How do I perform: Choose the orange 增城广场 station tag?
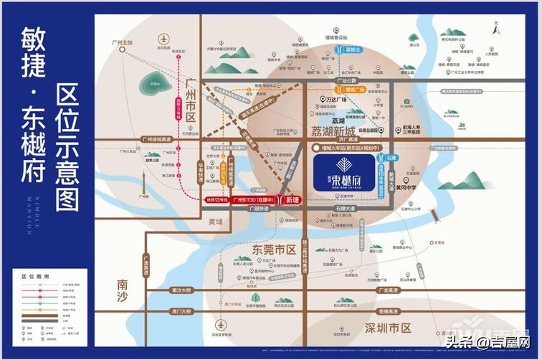354,89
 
